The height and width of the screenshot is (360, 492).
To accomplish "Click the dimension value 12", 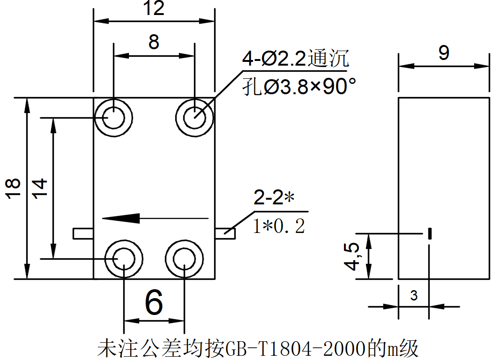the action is [154, 8].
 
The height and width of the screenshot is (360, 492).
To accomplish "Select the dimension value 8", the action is [154, 42].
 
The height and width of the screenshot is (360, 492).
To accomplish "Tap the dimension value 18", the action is [13, 188].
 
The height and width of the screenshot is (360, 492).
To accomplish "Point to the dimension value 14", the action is [40, 188].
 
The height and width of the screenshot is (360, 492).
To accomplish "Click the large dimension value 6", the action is [154, 302].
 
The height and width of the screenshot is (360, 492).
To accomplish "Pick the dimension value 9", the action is [444, 52].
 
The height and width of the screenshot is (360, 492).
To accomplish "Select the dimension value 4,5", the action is [352, 256].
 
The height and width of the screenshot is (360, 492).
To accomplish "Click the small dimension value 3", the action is [414, 295].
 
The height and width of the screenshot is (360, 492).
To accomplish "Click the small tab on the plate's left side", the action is [83, 233].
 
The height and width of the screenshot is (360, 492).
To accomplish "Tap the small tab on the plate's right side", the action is [225, 233].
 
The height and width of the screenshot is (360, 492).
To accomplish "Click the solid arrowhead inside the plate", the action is [121, 218].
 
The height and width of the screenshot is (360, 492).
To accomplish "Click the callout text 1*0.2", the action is [279, 226].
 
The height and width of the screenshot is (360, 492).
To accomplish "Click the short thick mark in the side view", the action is [430, 233].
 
